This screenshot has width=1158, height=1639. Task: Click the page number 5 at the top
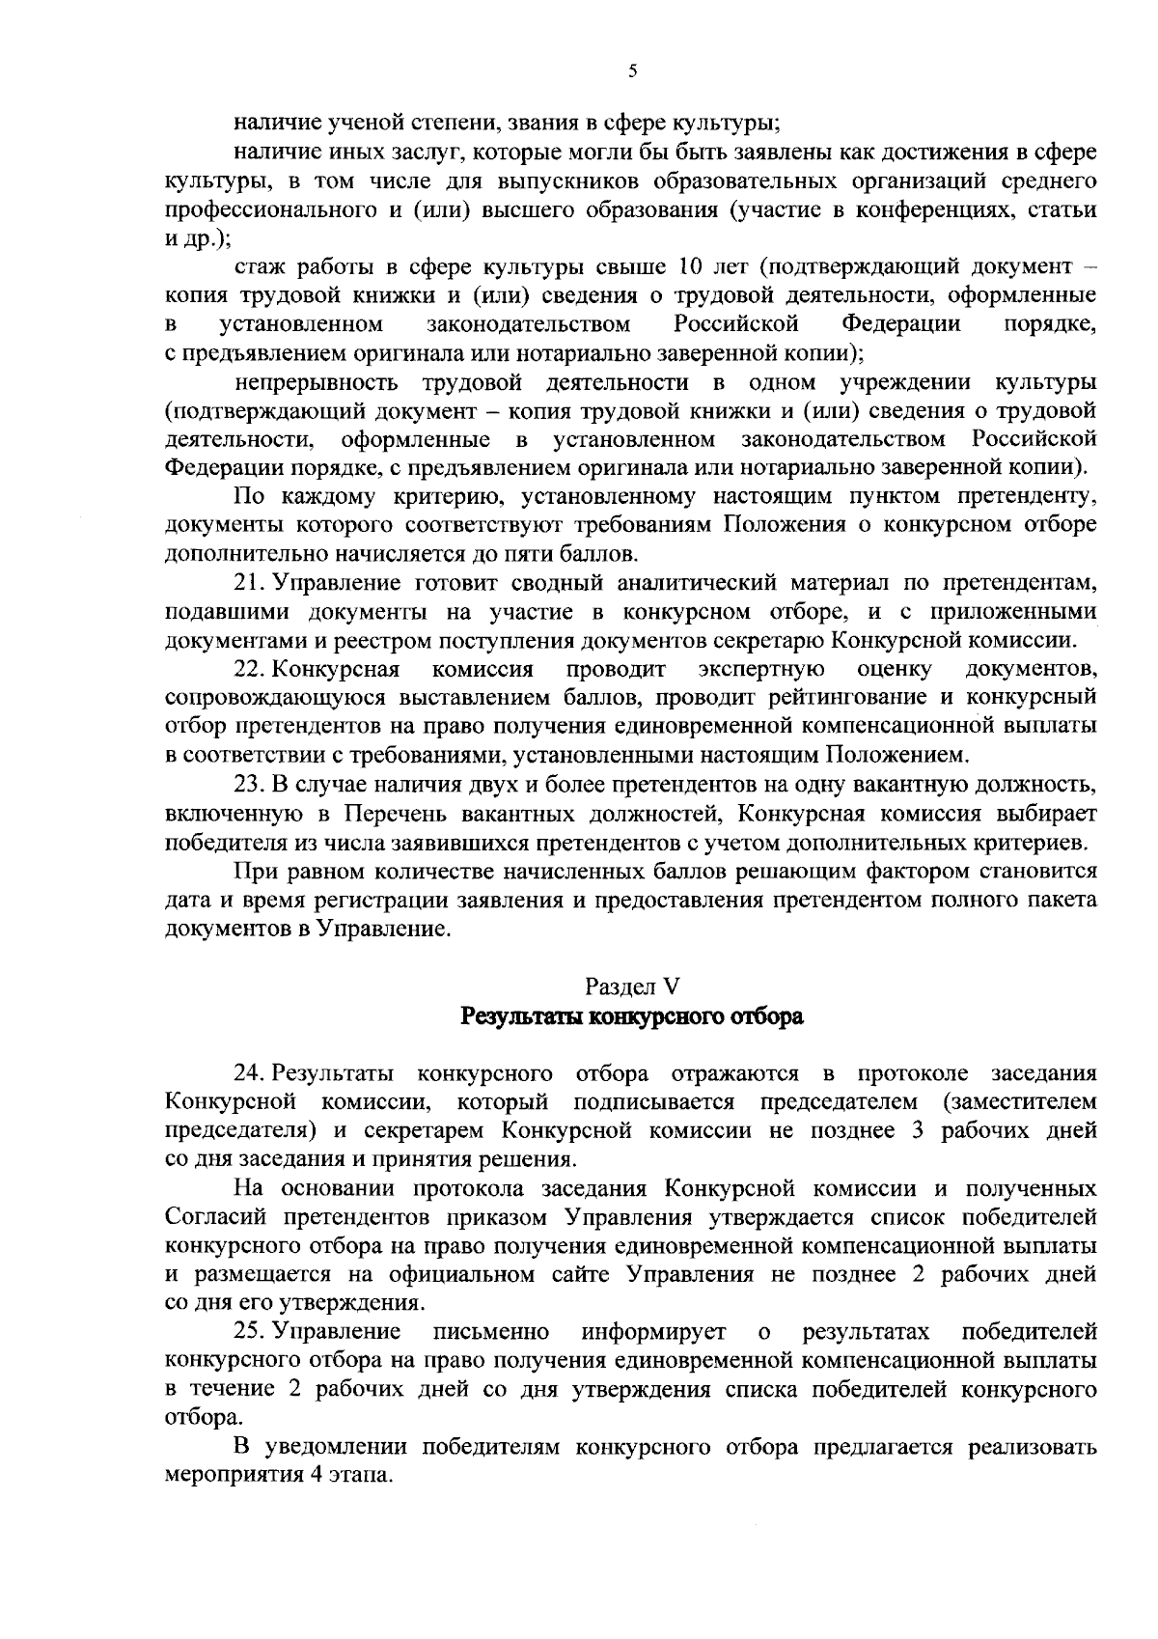tap(632, 69)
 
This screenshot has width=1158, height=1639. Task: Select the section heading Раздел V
tap(632, 986)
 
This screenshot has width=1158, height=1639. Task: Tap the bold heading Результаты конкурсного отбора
tap(632, 1016)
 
